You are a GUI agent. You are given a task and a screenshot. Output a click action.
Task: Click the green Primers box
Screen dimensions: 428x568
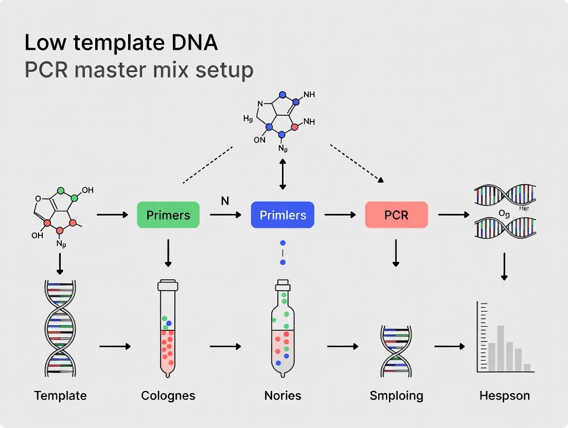pos(168,215)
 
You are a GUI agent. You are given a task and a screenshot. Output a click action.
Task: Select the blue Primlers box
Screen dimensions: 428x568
pos(282,215)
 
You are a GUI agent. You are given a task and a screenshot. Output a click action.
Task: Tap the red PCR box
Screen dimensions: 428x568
pos(396,215)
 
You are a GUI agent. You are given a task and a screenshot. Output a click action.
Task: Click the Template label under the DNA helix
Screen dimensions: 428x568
pos(60,396)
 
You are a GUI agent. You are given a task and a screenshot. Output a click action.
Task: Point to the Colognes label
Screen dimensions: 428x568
pos(168,396)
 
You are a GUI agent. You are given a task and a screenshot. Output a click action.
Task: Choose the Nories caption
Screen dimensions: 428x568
pos(282,396)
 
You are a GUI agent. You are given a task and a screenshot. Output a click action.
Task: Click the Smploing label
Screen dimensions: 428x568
pos(396,396)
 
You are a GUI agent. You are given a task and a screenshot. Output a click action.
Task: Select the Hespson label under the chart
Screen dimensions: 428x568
pos(504,396)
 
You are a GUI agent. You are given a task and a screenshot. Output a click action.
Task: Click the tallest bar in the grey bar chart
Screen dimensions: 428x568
pos(500,348)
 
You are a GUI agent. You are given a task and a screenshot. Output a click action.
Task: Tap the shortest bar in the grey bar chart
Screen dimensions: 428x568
pos(527,367)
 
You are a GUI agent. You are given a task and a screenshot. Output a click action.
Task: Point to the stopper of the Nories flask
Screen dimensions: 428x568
pos(282,283)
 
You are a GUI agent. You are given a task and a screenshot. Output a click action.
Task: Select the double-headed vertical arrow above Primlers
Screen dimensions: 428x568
pos(282,174)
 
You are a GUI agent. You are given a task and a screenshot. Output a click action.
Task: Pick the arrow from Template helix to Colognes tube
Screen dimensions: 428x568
pos(114,346)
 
